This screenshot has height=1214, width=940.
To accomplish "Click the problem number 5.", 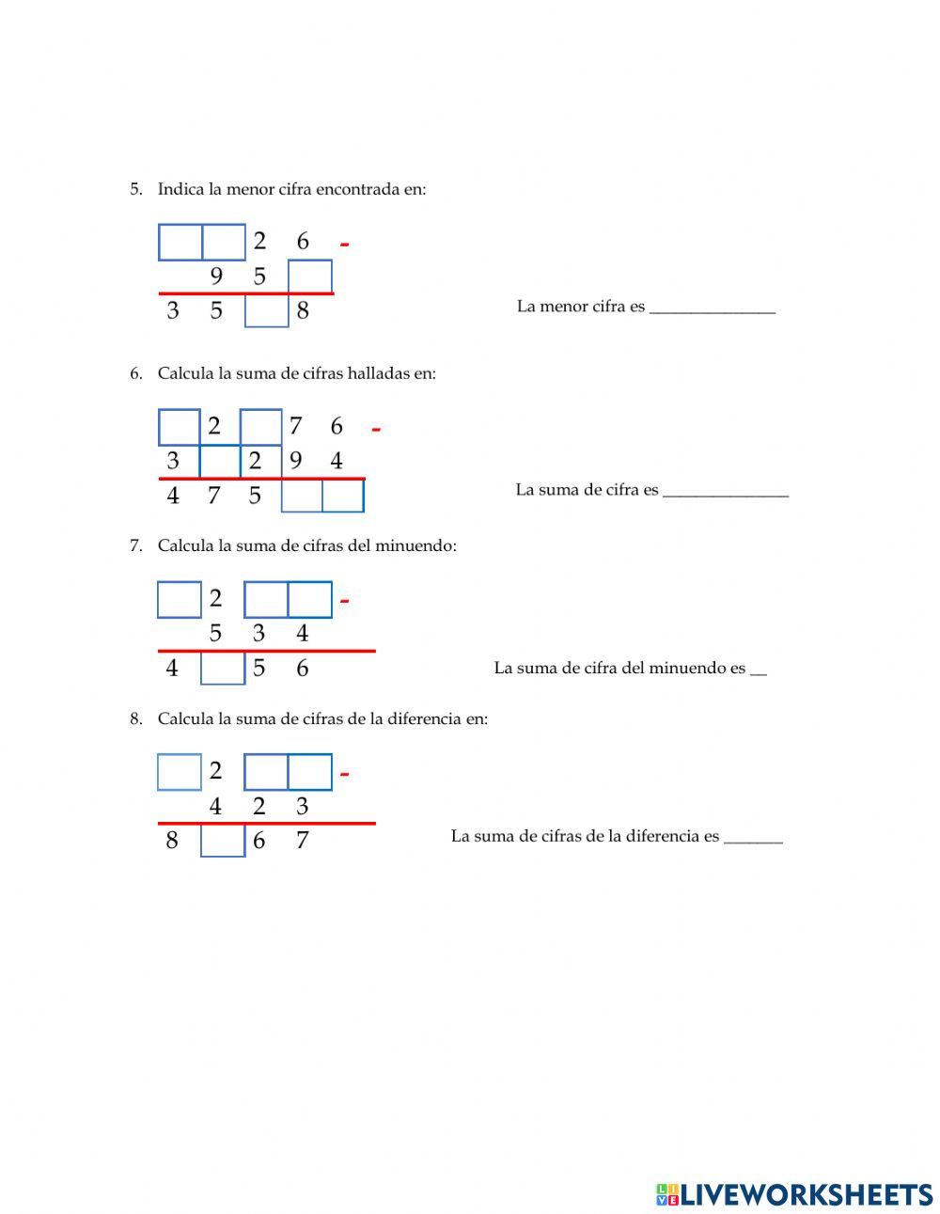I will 134,189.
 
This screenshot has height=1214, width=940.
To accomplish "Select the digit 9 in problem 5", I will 216,276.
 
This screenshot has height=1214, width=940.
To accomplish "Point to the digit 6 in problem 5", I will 303,242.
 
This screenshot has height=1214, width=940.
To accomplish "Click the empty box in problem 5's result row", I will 267,311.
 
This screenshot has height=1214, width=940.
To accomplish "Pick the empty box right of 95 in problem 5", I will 310,276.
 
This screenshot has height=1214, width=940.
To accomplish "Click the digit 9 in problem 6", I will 296,461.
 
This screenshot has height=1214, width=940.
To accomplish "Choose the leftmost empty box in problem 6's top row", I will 180,427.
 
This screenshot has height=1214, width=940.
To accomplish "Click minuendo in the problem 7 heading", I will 414,545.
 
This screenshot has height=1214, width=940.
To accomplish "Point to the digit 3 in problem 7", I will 259,634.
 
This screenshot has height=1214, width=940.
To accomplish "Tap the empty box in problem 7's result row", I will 223,669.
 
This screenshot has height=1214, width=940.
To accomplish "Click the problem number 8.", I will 135,719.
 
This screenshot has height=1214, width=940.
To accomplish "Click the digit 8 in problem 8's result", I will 172,840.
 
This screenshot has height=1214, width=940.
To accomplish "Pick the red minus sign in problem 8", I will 345,775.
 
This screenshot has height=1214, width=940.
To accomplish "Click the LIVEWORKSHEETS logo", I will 794,1194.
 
